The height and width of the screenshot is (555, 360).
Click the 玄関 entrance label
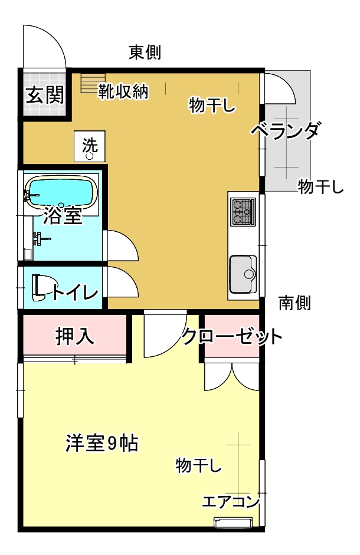point(45,94)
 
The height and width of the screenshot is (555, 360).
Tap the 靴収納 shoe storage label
point(123,91)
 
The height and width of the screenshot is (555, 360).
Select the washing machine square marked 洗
point(90,146)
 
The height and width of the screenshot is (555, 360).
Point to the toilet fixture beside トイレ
point(40,287)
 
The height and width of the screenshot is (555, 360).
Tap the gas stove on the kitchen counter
point(243,212)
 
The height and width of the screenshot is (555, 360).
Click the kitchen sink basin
point(243,274)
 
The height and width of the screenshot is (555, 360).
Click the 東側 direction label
point(145,52)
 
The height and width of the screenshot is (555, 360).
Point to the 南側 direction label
point(294,303)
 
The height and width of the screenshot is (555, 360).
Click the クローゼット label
point(232,336)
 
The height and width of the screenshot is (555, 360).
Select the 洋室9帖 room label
point(102,443)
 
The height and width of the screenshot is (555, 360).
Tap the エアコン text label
point(231,501)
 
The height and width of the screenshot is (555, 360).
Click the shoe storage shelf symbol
point(93,83)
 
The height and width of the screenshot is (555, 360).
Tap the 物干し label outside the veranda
point(320,186)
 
